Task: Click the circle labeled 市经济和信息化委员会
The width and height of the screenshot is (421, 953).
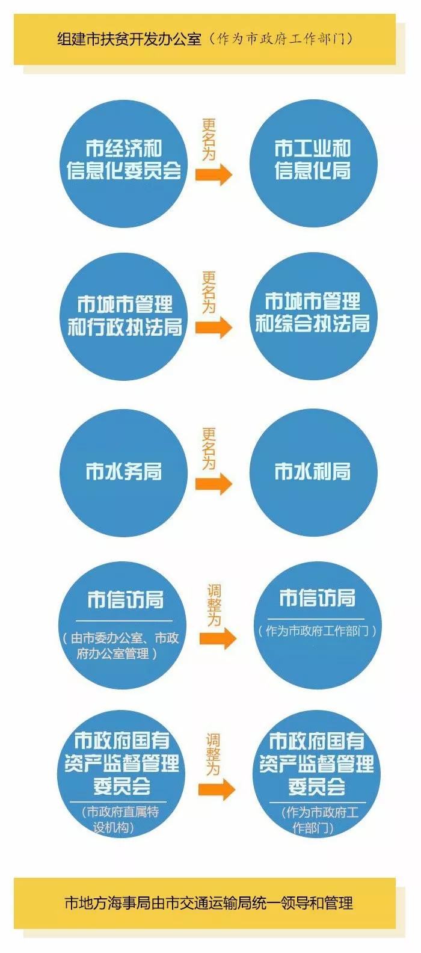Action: (123, 164)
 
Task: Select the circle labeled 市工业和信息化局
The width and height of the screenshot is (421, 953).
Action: (313, 164)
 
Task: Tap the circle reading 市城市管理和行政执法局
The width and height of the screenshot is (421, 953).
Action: (123, 316)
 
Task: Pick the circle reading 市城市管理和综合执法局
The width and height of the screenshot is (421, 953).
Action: (313, 316)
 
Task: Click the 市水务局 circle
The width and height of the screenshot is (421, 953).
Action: (123, 473)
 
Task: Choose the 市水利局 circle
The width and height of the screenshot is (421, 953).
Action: (313, 473)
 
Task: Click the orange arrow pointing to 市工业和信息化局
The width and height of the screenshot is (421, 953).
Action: (214, 174)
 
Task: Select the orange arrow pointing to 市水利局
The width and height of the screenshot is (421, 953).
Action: (214, 484)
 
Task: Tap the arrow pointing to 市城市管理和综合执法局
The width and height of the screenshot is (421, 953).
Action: (214, 327)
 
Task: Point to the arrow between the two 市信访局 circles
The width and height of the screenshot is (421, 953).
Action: (218, 638)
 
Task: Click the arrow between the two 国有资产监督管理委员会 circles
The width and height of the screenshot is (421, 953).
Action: (217, 789)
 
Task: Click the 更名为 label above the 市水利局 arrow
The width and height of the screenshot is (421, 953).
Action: (209, 449)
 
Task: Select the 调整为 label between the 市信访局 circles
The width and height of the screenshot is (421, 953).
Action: (214, 605)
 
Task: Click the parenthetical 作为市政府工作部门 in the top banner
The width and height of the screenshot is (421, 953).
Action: (281, 39)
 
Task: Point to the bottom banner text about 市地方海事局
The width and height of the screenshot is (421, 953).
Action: (209, 903)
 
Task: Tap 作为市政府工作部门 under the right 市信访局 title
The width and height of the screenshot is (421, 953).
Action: (317, 631)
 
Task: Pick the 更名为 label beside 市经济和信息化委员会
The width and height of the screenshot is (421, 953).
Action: (209, 140)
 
